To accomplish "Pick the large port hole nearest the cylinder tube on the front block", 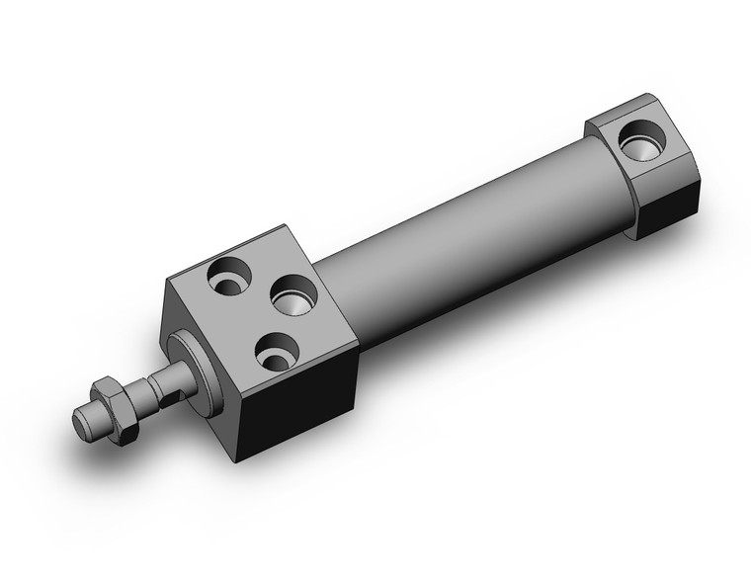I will [x=292, y=293].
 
